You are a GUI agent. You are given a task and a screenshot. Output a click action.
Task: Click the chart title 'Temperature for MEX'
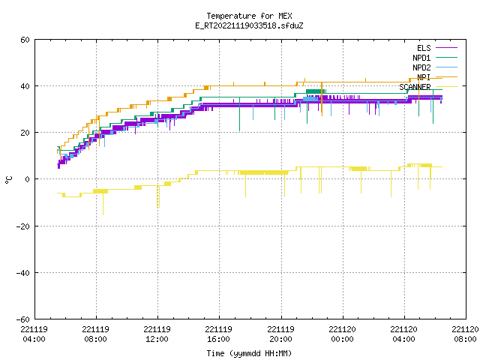249,16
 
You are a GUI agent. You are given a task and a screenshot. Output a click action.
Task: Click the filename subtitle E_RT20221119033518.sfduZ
249,25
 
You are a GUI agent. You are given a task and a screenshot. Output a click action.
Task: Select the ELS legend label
424,48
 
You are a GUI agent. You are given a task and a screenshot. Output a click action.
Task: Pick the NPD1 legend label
421,58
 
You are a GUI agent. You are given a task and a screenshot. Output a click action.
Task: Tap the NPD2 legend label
421,67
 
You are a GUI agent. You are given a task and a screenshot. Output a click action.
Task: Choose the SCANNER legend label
415,87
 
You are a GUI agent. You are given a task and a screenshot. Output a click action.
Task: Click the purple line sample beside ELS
446,48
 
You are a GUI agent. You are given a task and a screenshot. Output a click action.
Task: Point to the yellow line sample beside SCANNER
446,87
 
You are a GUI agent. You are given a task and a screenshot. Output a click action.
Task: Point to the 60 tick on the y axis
25,40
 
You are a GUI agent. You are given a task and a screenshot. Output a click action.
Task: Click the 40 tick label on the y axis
25,86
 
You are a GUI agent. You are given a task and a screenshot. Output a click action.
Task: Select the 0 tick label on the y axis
27,179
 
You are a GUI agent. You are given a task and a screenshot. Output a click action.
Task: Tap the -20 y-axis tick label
23,226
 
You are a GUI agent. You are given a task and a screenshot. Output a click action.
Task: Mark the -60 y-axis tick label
23,319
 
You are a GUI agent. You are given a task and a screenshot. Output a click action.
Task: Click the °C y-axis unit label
9,180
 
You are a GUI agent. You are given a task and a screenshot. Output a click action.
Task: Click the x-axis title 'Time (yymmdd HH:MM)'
249,353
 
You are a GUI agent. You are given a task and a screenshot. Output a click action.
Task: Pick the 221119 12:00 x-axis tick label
157,334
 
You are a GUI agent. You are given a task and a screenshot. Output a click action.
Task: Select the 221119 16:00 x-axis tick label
218,334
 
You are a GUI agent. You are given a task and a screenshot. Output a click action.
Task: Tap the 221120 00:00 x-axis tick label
342,334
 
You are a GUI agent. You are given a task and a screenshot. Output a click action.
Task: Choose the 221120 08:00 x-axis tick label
465,334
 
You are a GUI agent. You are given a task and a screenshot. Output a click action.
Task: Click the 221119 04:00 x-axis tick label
34,334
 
